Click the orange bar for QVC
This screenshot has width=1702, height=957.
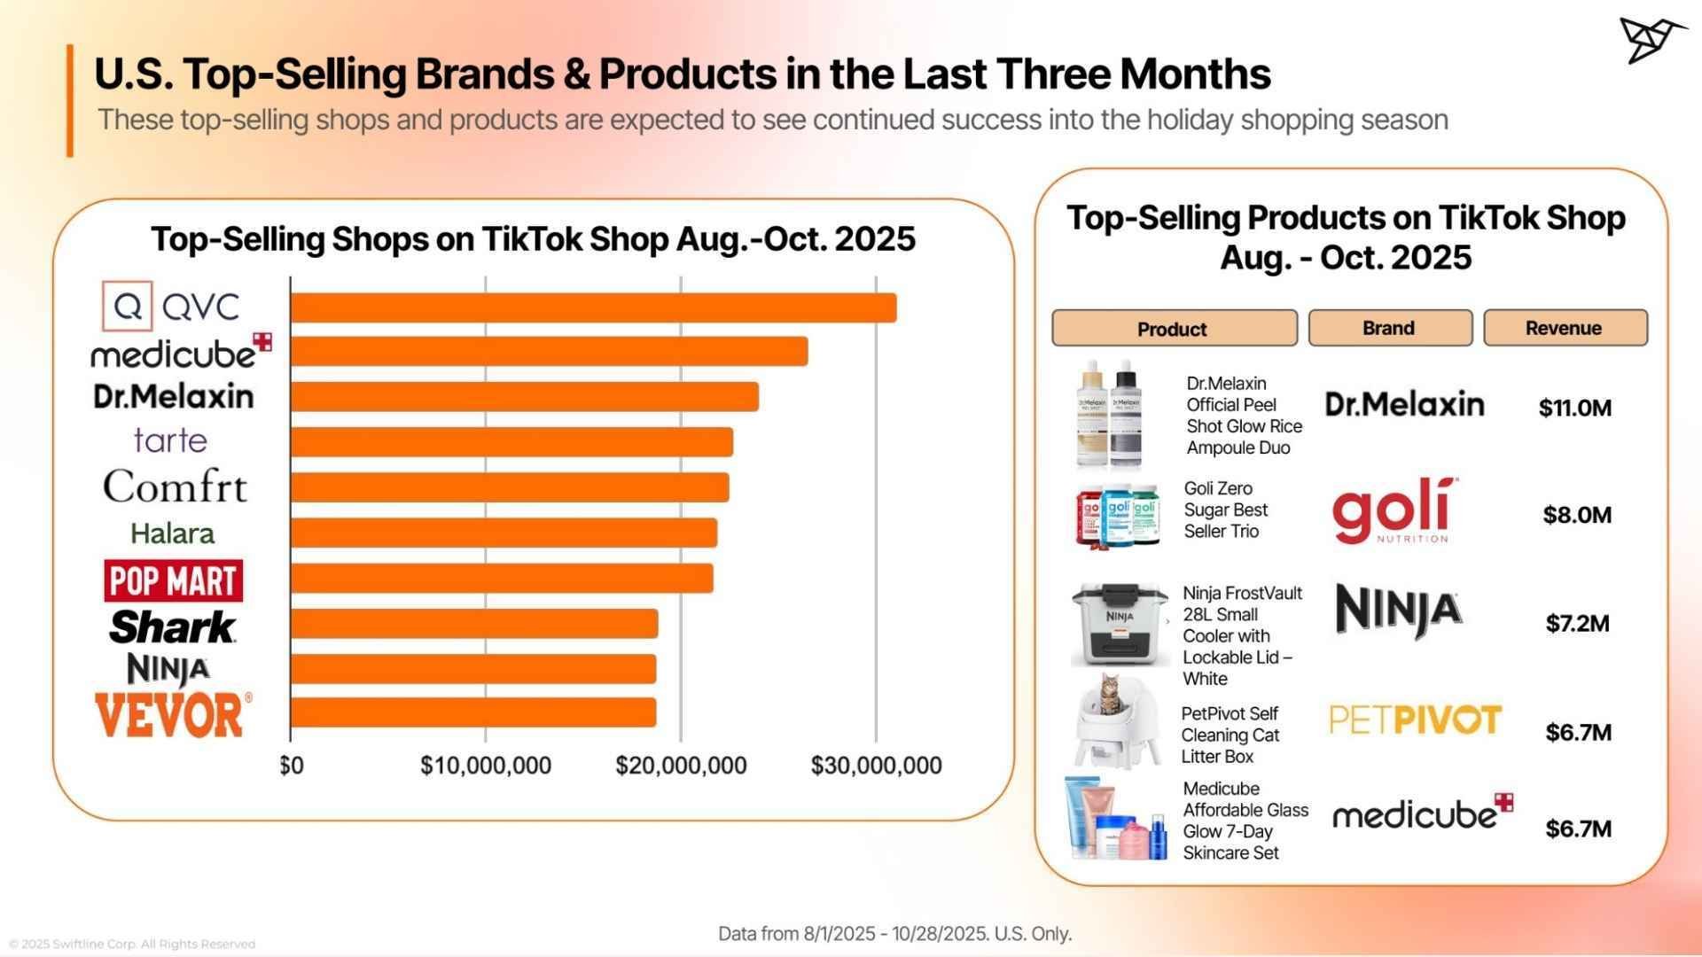[x=593, y=307]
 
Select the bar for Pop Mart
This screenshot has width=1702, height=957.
[x=502, y=579]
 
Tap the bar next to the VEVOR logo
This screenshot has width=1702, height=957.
[x=473, y=712]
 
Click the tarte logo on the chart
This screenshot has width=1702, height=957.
[x=170, y=440]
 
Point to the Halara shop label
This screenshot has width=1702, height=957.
[x=172, y=533]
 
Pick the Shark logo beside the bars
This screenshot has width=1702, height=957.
[x=172, y=626]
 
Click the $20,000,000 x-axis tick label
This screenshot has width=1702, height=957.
[x=681, y=766]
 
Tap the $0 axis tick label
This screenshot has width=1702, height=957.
[x=292, y=766]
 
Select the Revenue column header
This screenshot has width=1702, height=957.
[x=1565, y=328]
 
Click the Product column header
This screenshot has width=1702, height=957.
[x=1174, y=329]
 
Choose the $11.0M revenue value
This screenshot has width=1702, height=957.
[x=1574, y=408]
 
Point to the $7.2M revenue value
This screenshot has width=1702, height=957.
[x=1577, y=624]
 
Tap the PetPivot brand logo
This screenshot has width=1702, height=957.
[x=1415, y=720]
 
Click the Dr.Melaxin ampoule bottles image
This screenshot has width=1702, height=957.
[x=1110, y=415]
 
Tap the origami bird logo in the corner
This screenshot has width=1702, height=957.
[x=1651, y=40]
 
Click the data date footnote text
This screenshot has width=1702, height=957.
[x=894, y=934]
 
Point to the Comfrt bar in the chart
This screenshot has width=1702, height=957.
[x=510, y=487]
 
